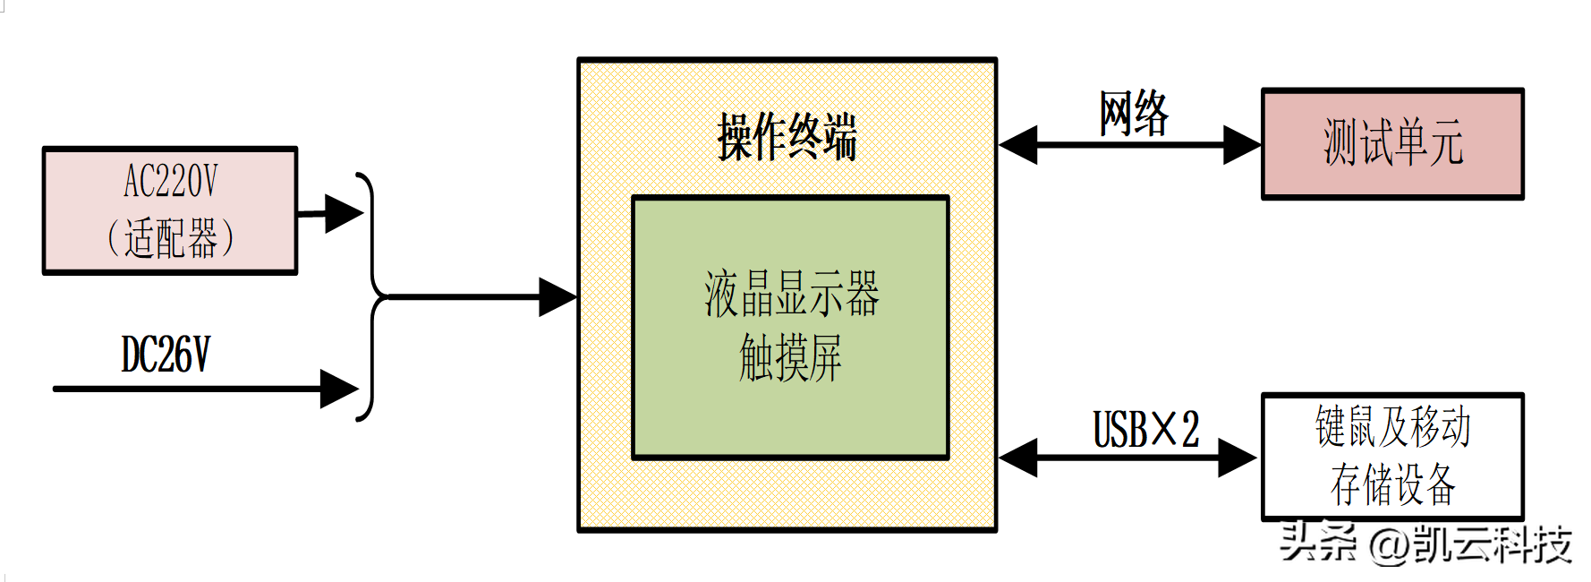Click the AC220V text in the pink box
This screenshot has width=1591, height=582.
tap(170, 182)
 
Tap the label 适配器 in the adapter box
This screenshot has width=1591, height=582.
tap(170, 239)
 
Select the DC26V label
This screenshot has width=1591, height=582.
tap(166, 355)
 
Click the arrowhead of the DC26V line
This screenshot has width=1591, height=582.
tap(340, 389)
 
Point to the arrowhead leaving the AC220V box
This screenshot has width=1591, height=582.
tap(344, 213)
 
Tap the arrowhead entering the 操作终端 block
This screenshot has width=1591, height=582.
tap(558, 296)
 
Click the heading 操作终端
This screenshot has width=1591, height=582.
tap(787, 137)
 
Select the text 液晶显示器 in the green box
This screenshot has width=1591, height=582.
tap(791, 295)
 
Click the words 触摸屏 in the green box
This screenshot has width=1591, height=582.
tap(790, 358)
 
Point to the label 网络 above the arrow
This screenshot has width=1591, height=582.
tap(1134, 114)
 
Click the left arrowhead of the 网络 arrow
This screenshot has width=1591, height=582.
tap(1019, 144)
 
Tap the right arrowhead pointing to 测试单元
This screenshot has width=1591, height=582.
tap(1241, 144)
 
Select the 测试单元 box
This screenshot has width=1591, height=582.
tap(1392, 143)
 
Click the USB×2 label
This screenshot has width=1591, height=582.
tap(1145, 430)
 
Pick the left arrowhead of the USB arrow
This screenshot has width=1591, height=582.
tap(1019, 458)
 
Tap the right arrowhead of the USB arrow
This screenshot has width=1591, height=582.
tap(1238, 458)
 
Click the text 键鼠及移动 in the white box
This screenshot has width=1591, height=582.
tap(1392, 426)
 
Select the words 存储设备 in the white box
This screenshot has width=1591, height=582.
tap(1392, 484)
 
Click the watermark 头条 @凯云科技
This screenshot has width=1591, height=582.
tap(1425, 543)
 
